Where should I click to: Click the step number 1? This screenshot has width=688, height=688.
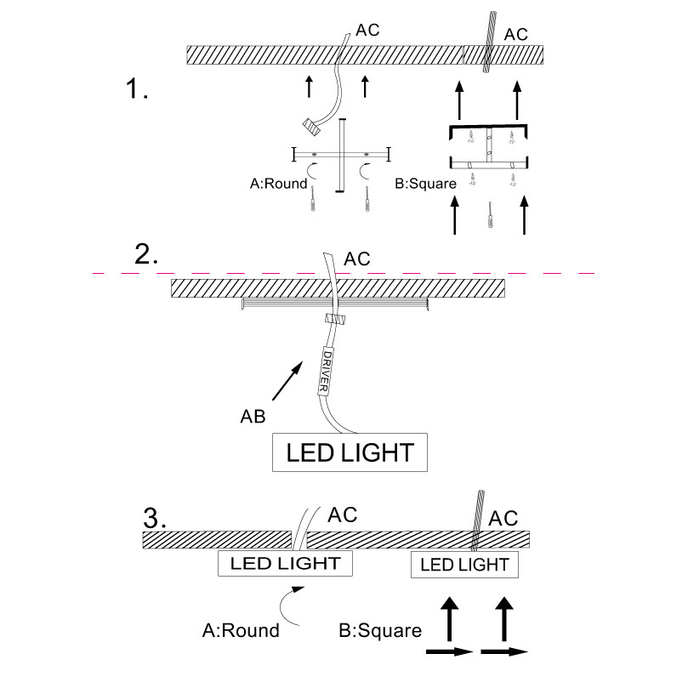tap(137, 88)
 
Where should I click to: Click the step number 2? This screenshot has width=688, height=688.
tap(146, 254)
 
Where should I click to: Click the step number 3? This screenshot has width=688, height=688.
tap(154, 517)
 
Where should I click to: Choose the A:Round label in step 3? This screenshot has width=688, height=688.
tap(241, 630)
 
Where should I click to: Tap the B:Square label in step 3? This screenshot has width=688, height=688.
tap(380, 630)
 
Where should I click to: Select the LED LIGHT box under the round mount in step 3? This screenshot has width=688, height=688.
tap(286, 563)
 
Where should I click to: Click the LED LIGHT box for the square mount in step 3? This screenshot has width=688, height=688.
tap(464, 564)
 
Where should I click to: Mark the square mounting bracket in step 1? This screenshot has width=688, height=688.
tap(489, 147)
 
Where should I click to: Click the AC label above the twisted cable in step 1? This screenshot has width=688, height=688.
tap(516, 34)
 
